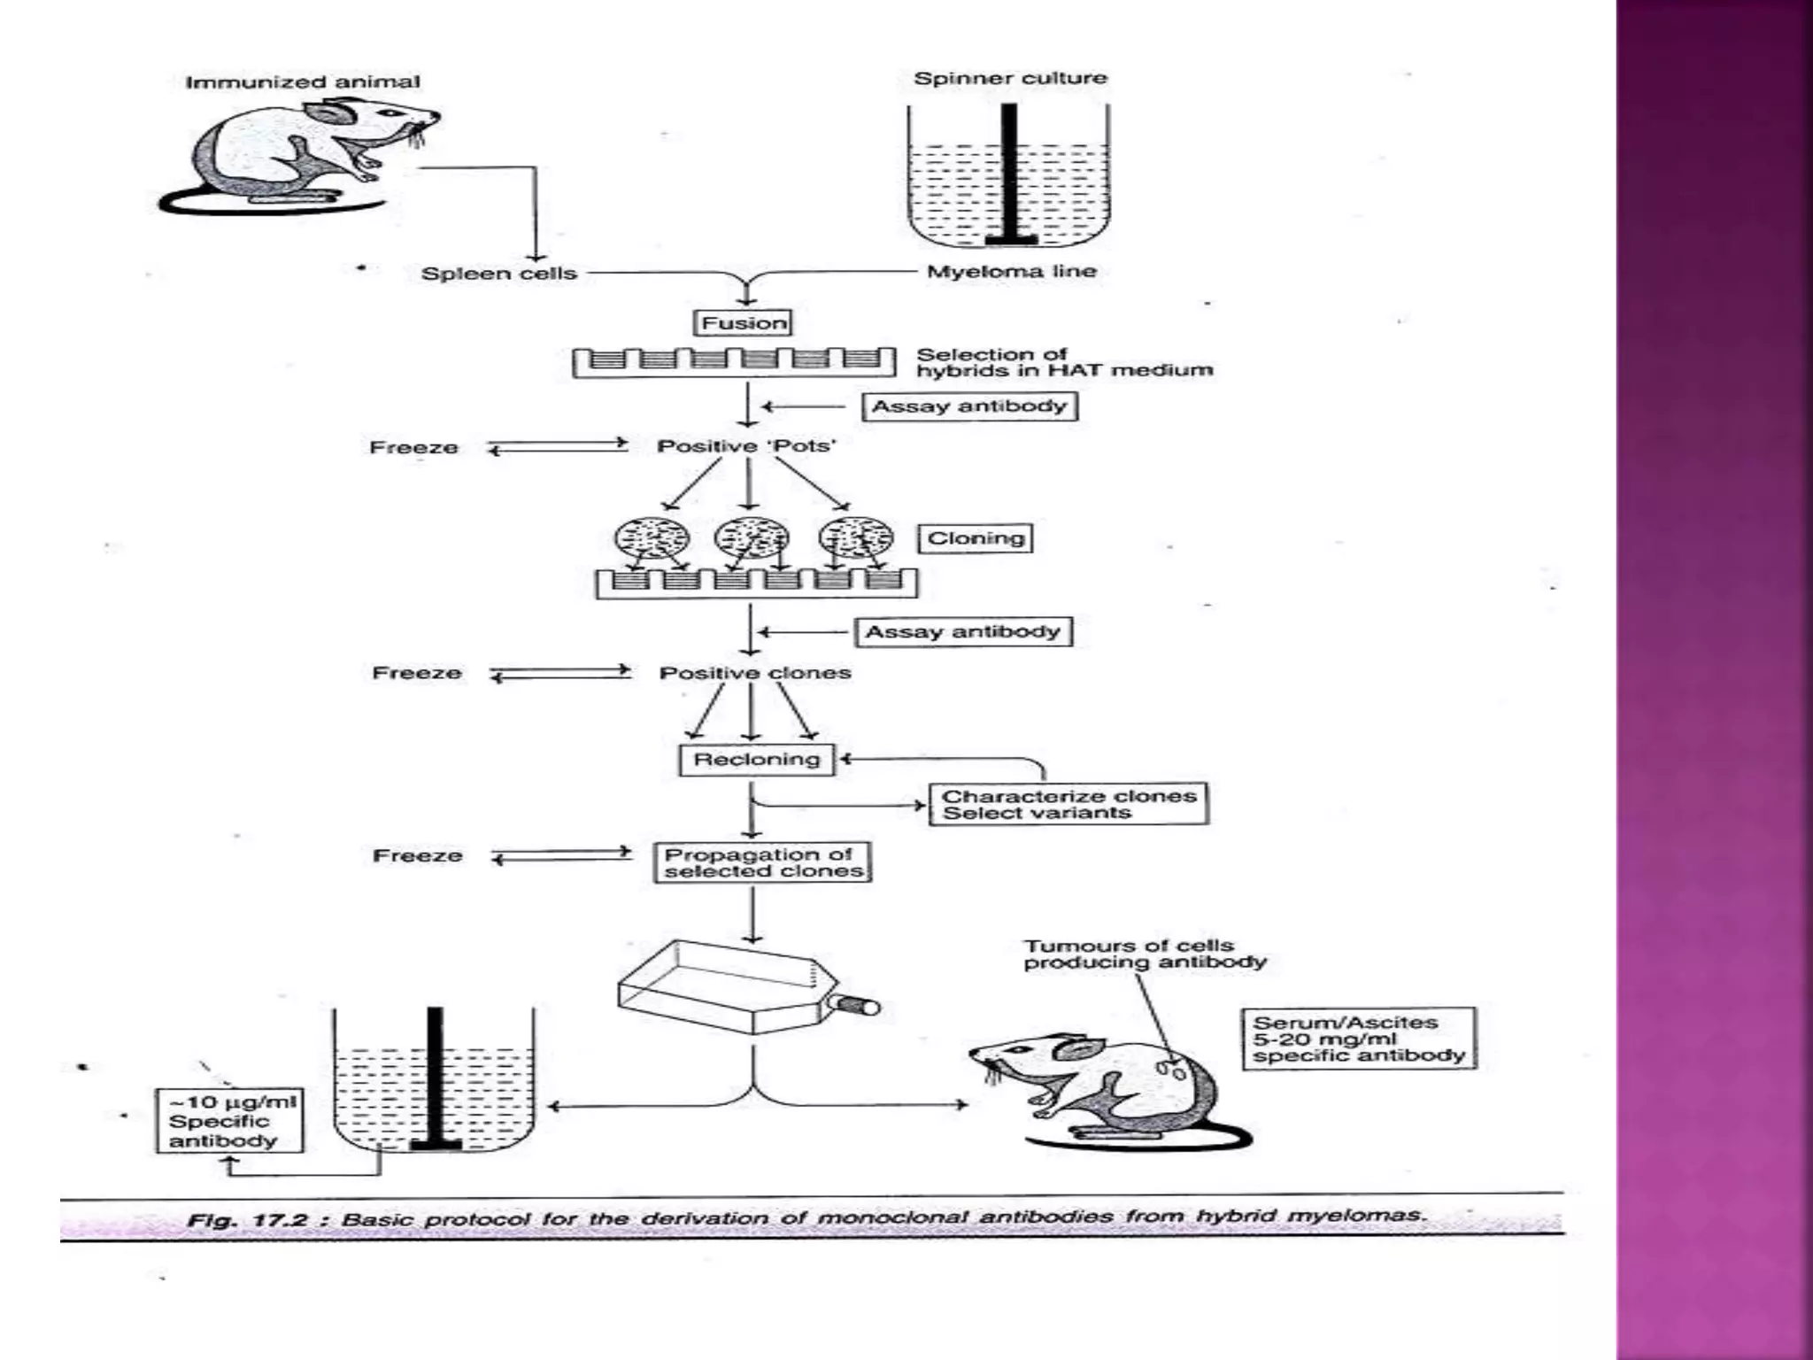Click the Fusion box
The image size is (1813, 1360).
(742, 323)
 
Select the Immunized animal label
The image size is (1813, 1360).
(303, 82)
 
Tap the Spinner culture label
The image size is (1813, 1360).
(1010, 79)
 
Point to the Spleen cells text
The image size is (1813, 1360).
(498, 274)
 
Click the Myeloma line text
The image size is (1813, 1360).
(1011, 272)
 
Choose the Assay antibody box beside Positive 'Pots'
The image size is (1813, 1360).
(969, 406)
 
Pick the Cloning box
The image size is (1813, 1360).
(975, 538)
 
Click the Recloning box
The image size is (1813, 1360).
(756, 760)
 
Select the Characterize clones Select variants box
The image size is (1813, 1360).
(1068, 804)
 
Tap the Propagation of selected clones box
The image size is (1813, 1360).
(762, 862)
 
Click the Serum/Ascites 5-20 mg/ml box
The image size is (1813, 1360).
(1358, 1039)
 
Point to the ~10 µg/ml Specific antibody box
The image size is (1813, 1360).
(229, 1121)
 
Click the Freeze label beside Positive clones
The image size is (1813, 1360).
(417, 674)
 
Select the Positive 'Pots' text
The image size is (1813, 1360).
(745, 446)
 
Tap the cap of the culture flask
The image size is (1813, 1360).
(859, 1006)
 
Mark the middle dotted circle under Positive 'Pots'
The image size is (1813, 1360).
(751, 537)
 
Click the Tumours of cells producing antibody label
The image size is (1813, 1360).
(1144, 954)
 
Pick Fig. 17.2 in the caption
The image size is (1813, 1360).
(247, 1220)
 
